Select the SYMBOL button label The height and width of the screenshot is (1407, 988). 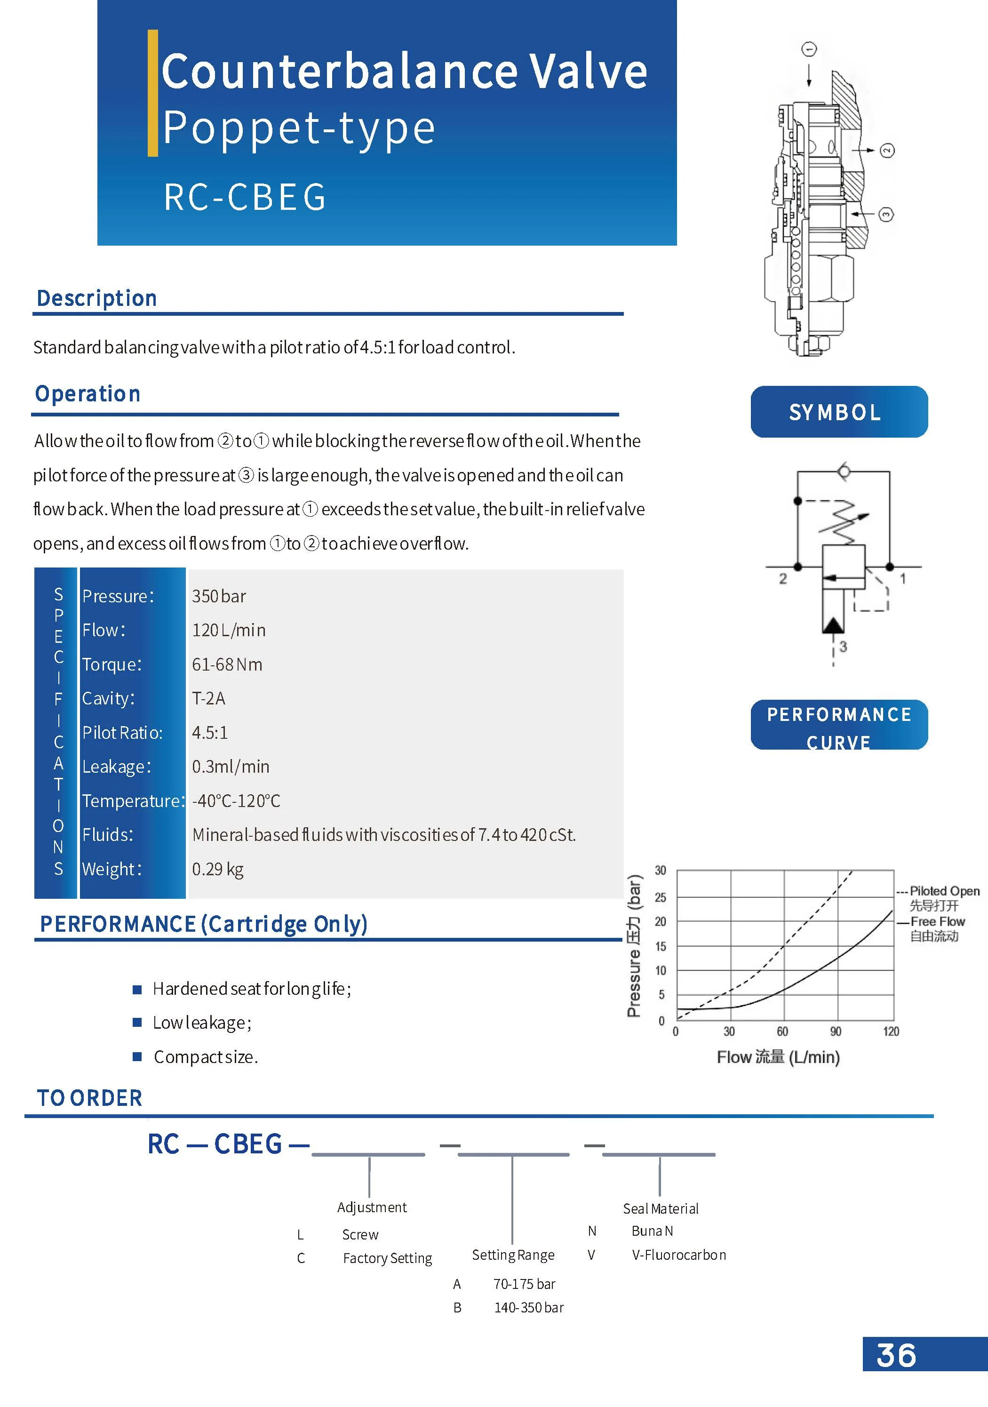[x=835, y=412]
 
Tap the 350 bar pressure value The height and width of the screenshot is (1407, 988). [x=219, y=596]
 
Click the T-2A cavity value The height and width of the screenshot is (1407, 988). [x=208, y=699]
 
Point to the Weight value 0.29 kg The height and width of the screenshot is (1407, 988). [x=217, y=869]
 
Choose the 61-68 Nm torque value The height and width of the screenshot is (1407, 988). [x=227, y=664]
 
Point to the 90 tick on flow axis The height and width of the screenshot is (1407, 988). [x=836, y=1031]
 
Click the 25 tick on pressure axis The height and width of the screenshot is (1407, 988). [x=660, y=898]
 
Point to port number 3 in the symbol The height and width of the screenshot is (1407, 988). [x=844, y=647]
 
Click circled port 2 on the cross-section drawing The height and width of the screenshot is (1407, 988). [x=887, y=151]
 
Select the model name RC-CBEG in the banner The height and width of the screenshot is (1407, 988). [x=245, y=197]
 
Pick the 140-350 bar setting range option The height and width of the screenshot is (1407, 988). [x=529, y=1308]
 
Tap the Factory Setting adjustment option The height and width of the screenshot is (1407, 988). [x=387, y=1258]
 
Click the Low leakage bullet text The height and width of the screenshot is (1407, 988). [x=202, y=1023]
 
